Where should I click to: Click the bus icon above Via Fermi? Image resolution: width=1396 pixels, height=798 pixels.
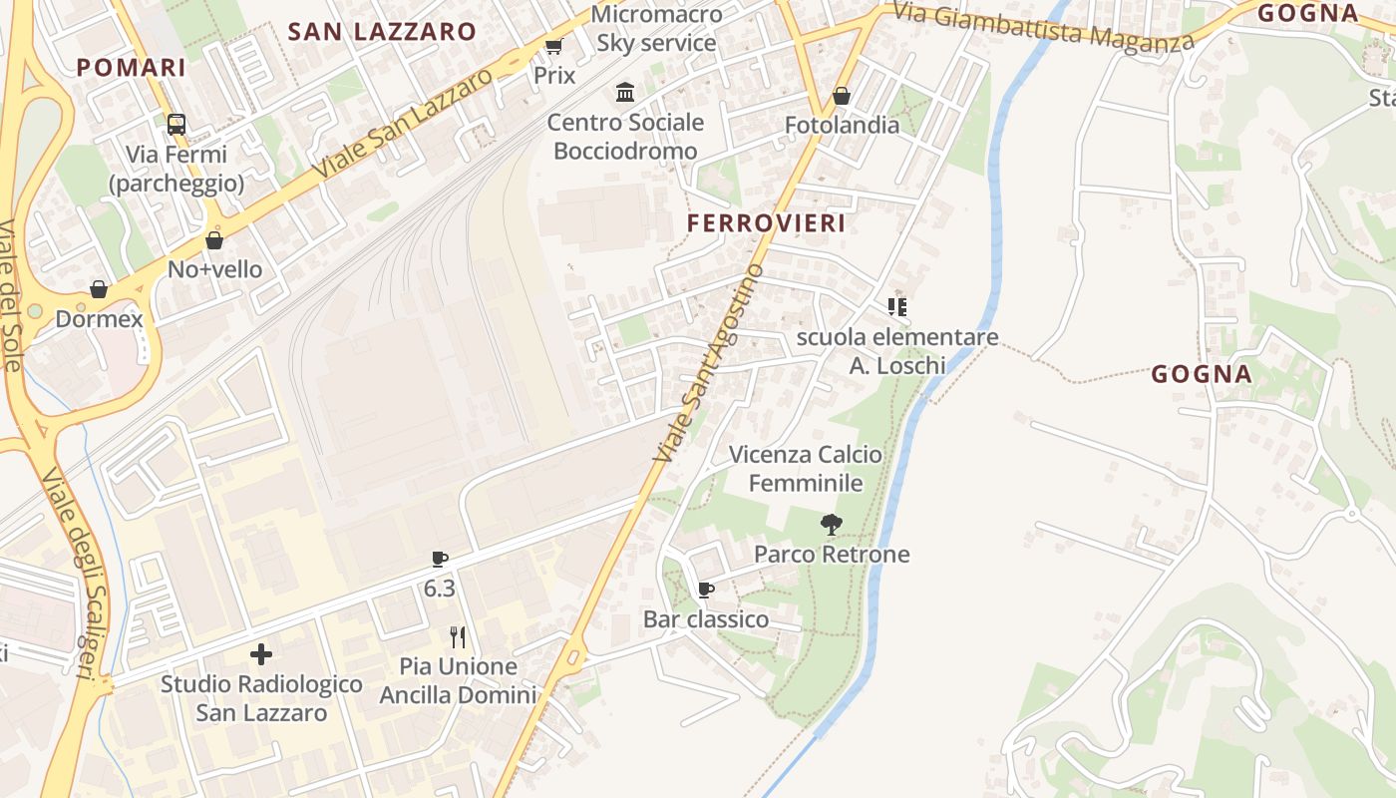[x=176, y=125]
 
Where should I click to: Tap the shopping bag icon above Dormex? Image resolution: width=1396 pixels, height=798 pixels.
[x=99, y=289]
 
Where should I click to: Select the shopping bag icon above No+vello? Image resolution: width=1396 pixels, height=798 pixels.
[x=214, y=240]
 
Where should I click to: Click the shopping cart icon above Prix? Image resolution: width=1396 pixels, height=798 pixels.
[x=554, y=46]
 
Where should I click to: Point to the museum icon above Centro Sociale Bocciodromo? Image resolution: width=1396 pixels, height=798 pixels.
[x=625, y=93]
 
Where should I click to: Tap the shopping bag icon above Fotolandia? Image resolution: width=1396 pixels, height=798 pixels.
[x=842, y=96]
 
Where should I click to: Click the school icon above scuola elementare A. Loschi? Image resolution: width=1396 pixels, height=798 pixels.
[x=897, y=307]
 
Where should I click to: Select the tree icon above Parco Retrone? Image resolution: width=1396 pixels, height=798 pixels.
[x=831, y=524]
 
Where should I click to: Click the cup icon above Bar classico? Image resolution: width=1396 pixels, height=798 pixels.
[x=706, y=590]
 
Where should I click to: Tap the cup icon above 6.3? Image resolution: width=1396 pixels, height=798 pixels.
[x=440, y=559]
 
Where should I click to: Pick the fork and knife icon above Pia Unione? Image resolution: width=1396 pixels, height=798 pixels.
[x=458, y=636]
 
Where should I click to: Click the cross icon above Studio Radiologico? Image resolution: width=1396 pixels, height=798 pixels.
[x=261, y=654]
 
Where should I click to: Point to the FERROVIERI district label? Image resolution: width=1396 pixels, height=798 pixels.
[x=767, y=223]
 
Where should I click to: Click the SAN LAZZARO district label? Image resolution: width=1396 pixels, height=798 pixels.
[x=382, y=32]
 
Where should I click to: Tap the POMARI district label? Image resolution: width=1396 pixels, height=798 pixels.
[x=132, y=68]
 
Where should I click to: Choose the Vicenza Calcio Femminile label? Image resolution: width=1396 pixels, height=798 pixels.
[x=806, y=469]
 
